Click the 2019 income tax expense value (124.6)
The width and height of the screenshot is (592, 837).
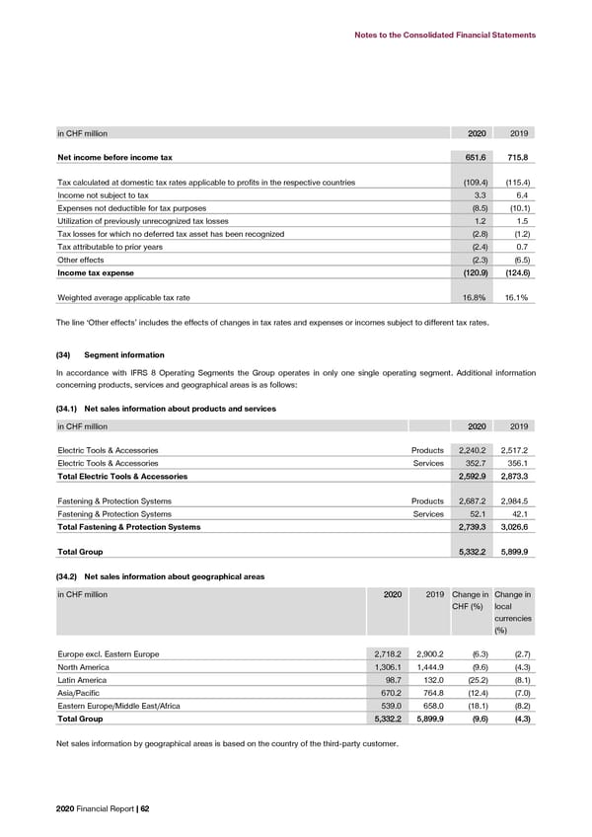coord(516,271)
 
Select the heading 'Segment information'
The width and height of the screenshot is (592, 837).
coord(124,354)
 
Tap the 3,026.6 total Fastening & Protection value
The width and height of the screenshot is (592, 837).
coord(515,527)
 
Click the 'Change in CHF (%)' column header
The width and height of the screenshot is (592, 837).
coord(468,599)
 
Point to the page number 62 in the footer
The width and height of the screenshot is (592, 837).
coord(144,808)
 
